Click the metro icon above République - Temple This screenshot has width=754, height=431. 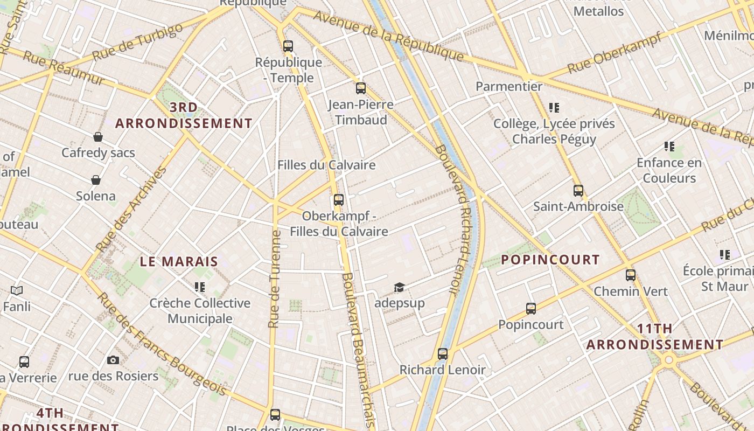click(288, 46)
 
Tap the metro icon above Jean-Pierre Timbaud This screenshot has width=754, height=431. click(361, 88)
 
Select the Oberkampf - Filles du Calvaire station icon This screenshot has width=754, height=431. click(338, 200)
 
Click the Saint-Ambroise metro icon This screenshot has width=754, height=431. click(578, 191)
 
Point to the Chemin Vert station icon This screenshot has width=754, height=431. click(631, 275)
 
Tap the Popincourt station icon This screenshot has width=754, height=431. click(531, 309)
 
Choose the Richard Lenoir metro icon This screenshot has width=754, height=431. click(443, 354)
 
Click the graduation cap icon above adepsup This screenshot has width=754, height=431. click(399, 287)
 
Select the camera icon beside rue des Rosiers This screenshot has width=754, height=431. click(113, 360)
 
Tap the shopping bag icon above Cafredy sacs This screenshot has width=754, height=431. click(98, 137)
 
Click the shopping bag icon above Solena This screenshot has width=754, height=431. click(96, 180)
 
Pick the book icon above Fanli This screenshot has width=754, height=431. click(17, 291)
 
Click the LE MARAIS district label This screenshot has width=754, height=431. click(179, 262)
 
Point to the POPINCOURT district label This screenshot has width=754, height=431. click(550, 260)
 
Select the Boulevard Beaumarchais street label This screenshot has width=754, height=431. click(357, 350)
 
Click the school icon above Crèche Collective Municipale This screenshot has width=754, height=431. click(200, 287)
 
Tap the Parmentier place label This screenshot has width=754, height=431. click(509, 86)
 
